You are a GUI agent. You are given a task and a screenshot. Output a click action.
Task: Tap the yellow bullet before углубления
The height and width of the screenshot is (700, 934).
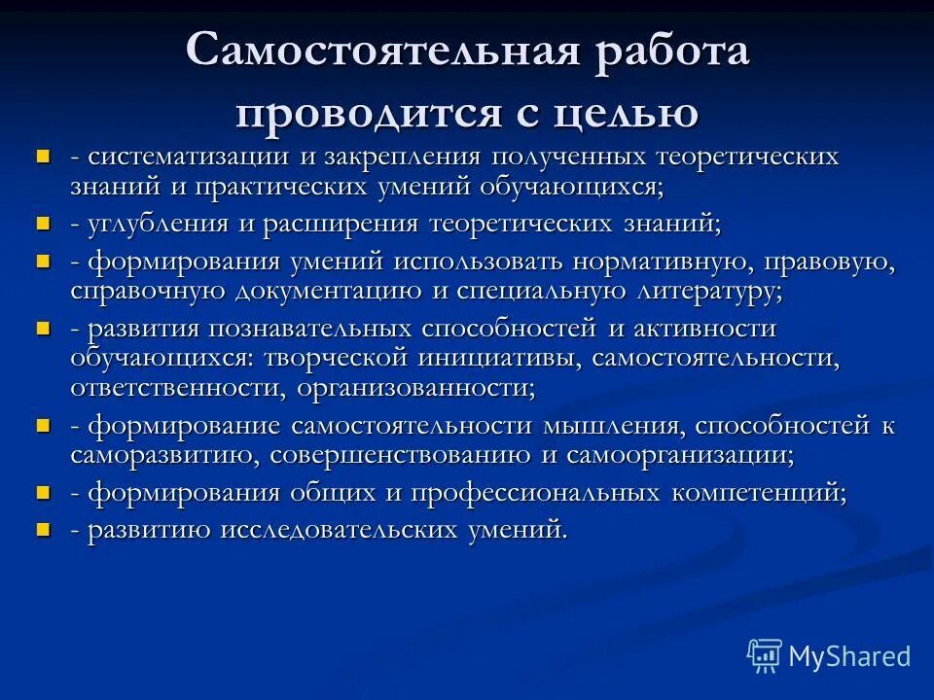click(x=42, y=223)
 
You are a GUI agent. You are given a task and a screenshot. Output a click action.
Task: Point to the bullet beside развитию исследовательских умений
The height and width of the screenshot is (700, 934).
click(x=42, y=529)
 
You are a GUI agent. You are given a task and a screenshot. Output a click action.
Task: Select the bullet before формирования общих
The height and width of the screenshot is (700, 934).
click(x=42, y=492)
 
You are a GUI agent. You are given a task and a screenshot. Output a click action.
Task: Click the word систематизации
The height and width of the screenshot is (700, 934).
click(x=190, y=157)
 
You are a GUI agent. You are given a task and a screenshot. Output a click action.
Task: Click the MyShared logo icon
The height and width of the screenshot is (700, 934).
click(x=765, y=656)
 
